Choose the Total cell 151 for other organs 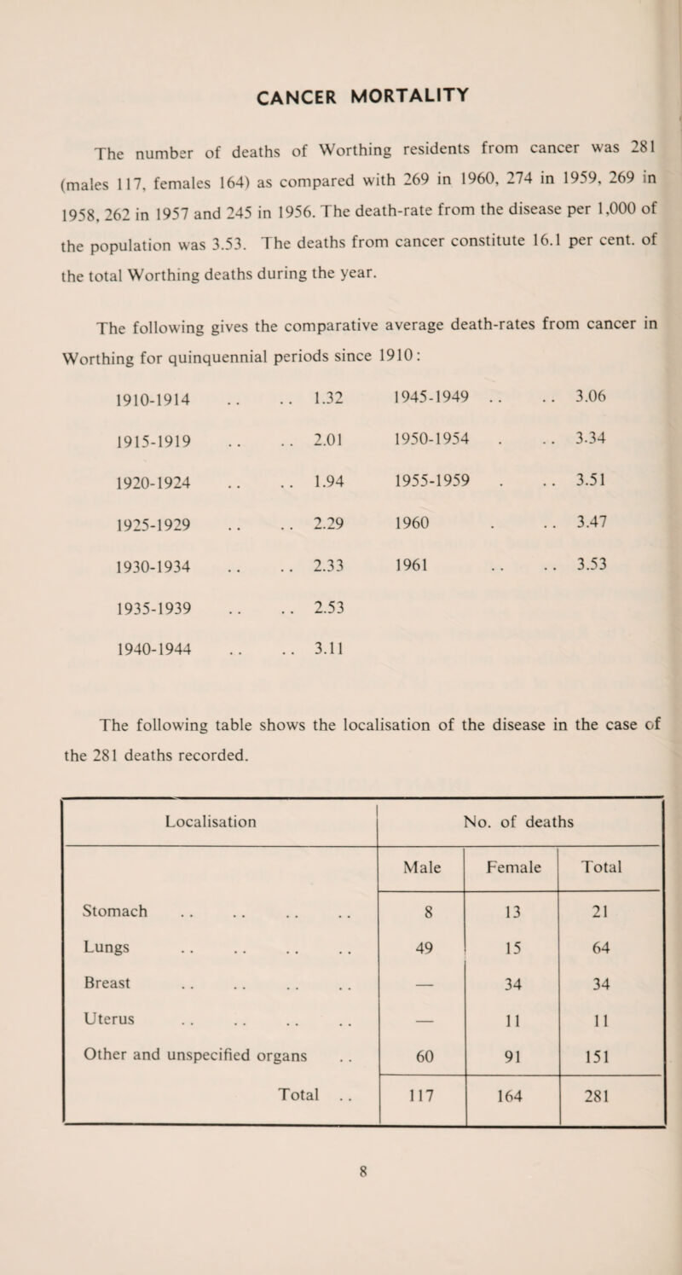[x=608, y=1104]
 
